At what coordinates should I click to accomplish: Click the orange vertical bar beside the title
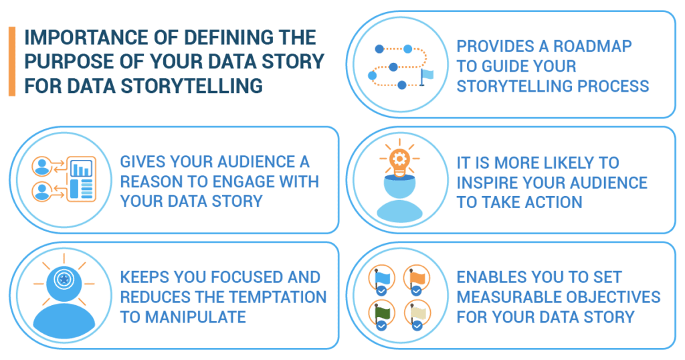tap(12, 61)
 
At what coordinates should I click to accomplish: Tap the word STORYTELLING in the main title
tap(192, 86)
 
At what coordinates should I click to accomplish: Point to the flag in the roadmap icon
tap(426, 77)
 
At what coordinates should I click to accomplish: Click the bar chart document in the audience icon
tap(81, 179)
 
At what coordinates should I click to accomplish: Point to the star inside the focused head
tap(64, 278)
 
